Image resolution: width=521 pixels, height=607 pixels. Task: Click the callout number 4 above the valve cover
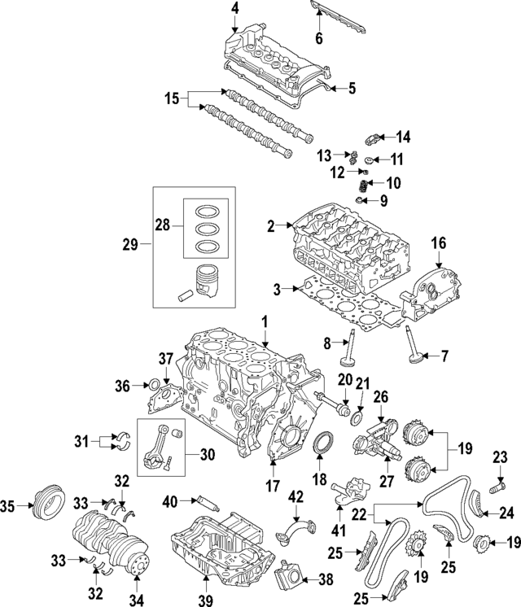[x=234, y=9]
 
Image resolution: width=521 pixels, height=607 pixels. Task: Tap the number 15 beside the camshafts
[x=170, y=100]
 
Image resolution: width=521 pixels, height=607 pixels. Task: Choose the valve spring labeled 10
[x=365, y=185]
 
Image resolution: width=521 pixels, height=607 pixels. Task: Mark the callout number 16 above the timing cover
[x=439, y=242]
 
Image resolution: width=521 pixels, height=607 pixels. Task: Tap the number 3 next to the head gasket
[x=277, y=288]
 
